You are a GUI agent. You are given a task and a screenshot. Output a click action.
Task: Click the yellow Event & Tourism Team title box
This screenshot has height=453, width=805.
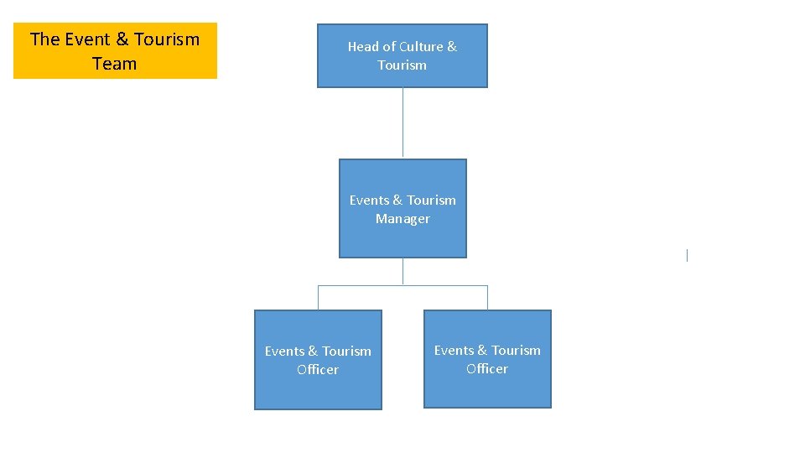[x=115, y=50]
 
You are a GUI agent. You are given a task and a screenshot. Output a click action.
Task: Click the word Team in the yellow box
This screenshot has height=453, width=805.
[x=115, y=64]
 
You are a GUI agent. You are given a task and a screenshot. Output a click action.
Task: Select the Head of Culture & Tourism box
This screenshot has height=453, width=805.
[x=402, y=55]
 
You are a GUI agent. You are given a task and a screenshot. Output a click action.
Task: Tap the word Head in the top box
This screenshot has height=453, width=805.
[x=363, y=47]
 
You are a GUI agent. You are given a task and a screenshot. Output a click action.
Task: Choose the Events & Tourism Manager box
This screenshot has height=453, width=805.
[x=402, y=208]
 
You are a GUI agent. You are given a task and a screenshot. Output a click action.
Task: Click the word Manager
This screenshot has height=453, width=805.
[x=402, y=219]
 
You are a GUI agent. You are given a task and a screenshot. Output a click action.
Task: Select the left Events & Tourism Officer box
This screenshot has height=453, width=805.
[x=318, y=359]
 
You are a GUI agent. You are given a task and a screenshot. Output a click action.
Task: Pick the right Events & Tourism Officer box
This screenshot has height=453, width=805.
[x=487, y=358]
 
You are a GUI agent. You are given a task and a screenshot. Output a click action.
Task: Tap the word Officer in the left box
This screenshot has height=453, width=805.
[x=318, y=370]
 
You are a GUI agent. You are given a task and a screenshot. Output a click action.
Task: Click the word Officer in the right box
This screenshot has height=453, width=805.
[x=487, y=369]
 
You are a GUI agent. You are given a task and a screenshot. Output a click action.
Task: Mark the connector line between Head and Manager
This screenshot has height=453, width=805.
[x=402, y=122]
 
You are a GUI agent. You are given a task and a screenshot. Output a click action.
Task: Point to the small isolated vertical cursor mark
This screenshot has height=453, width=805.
[x=687, y=255]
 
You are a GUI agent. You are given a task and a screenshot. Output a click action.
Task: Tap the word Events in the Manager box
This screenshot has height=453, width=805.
[x=369, y=200]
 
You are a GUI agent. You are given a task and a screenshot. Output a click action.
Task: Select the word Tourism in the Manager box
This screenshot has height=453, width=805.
[x=431, y=200]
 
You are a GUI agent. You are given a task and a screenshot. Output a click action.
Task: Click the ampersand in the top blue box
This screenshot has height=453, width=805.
[x=452, y=47]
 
